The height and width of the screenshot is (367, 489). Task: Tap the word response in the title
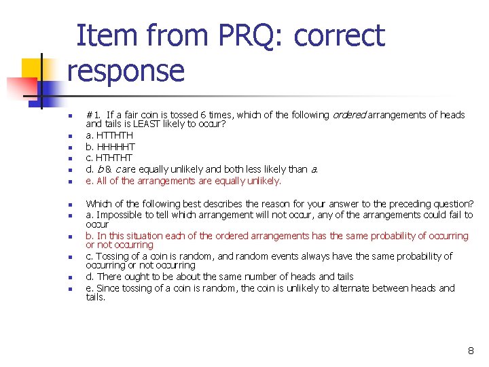(126, 71)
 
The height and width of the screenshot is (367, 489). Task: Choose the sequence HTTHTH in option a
(115, 135)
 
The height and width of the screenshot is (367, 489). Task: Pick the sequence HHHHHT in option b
(116, 147)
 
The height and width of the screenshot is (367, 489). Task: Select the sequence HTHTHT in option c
(115, 158)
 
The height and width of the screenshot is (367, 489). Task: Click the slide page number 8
(471, 351)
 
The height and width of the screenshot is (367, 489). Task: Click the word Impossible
(120, 215)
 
